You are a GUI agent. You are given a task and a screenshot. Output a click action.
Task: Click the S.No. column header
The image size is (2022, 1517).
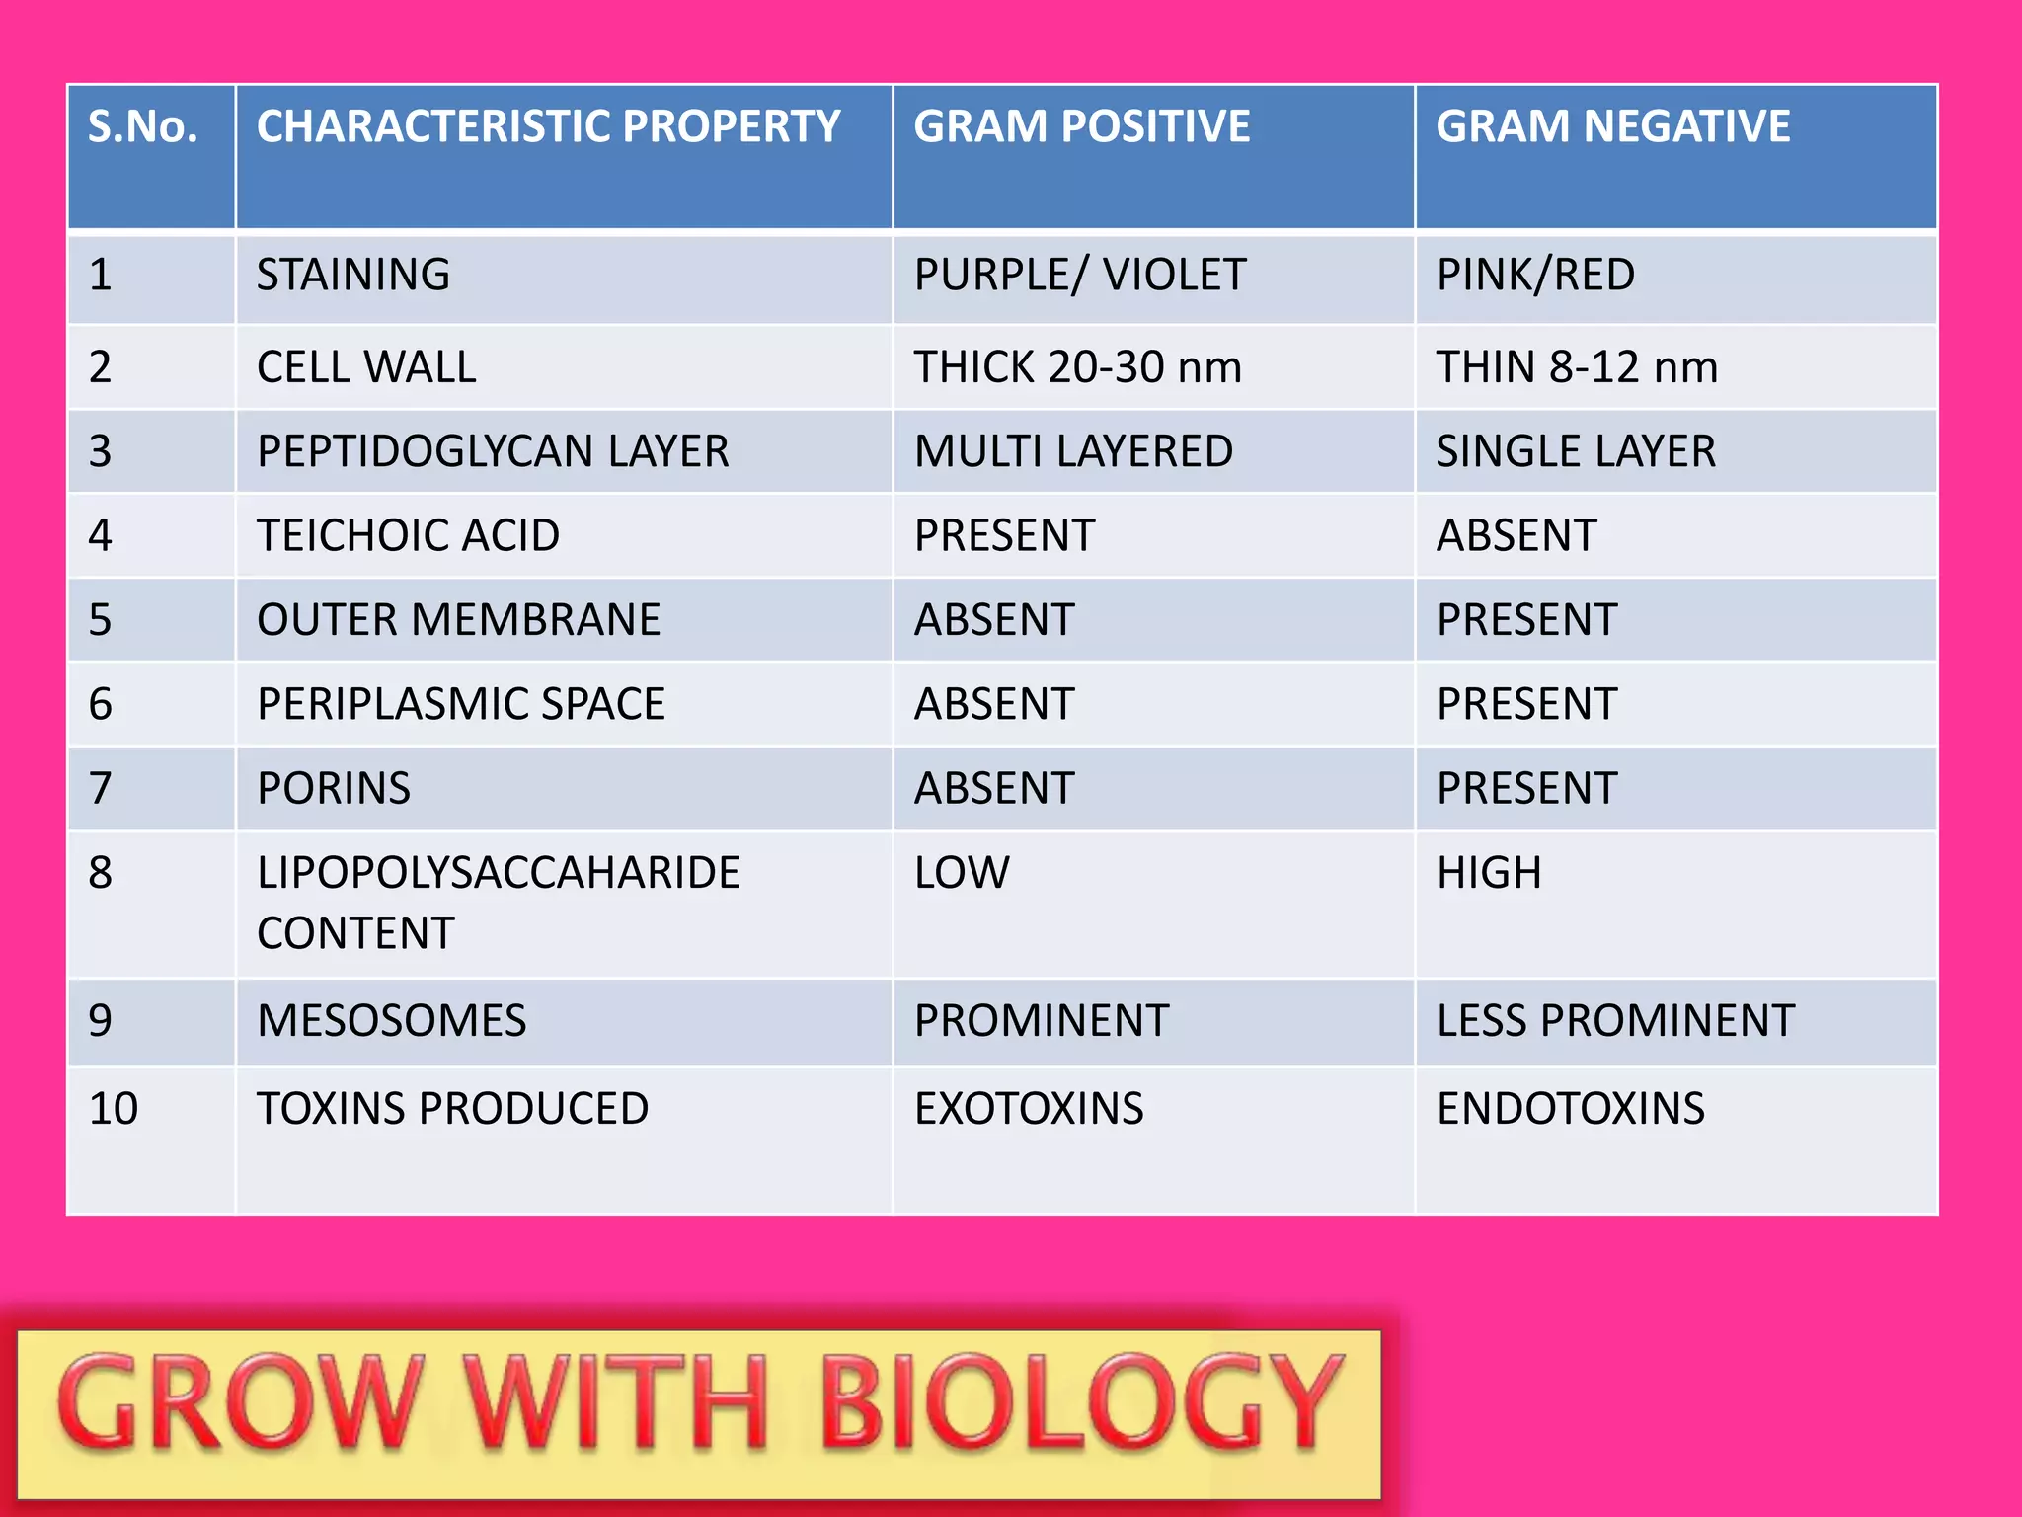(143, 127)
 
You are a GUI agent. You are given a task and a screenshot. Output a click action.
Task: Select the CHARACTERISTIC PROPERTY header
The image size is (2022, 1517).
(548, 127)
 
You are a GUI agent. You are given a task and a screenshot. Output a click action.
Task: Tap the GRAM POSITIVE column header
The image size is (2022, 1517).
(1081, 127)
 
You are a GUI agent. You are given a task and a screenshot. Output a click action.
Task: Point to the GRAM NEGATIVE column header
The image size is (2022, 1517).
(1612, 127)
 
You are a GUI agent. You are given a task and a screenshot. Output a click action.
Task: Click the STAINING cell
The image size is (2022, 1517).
(353, 275)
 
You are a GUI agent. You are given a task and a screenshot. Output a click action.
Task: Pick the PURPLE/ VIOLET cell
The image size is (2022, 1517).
(1080, 275)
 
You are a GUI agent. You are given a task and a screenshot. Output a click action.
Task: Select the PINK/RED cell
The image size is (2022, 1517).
(1535, 275)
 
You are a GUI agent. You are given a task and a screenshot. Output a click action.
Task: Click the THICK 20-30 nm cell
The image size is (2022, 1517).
(1077, 367)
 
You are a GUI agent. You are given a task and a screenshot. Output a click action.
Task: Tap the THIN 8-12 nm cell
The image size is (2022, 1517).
(1577, 367)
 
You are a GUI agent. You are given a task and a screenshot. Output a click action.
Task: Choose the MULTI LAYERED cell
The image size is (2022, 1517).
(1073, 451)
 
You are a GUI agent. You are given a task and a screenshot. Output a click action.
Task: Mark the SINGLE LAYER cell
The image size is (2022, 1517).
(1576, 451)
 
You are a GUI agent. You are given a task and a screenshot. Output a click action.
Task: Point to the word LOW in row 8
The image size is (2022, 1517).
(962, 873)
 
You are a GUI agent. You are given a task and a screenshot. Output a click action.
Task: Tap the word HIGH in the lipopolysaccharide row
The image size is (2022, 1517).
(1489, 873)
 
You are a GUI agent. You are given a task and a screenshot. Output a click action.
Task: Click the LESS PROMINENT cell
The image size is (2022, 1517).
(1615, 1021)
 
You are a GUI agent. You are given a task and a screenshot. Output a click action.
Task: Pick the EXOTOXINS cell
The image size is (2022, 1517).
(1029, 1109)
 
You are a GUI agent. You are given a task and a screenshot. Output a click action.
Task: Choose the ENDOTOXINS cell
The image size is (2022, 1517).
(1570, 1109)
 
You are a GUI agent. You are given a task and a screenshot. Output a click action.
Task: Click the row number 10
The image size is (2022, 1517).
(114, 1109)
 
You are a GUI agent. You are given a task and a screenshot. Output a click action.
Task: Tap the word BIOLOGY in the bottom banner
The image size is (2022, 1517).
(1081, 1403)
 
